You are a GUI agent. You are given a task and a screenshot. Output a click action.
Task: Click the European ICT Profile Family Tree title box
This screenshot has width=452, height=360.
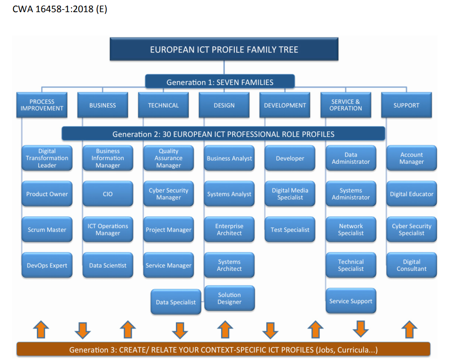224,49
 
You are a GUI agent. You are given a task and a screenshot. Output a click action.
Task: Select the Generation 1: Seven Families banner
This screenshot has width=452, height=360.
219,82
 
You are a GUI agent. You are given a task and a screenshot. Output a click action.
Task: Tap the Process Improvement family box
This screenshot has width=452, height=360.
42,105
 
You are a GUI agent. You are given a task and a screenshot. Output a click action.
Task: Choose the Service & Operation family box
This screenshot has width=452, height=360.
345,105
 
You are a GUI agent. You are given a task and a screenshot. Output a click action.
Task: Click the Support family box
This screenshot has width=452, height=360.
406,105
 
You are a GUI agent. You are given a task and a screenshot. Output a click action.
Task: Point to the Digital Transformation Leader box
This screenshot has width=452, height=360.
47,158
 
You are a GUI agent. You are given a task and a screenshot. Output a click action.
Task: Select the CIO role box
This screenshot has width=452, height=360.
107,194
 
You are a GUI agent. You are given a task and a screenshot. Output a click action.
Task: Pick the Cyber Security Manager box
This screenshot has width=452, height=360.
168,194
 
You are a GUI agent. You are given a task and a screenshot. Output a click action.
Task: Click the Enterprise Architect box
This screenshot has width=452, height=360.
229,229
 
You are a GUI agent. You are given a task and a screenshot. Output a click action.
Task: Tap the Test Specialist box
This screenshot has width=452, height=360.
290,229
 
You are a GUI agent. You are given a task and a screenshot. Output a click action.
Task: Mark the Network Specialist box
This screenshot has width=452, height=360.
351,229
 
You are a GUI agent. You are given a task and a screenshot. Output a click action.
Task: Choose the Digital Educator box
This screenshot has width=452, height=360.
412,194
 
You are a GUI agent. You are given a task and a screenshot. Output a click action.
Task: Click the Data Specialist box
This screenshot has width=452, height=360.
176,302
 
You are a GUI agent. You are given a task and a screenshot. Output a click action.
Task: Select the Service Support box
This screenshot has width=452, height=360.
351,301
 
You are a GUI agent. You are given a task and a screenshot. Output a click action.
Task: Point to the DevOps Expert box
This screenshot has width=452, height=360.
47,265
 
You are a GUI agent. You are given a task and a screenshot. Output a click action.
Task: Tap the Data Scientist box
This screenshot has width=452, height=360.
107,265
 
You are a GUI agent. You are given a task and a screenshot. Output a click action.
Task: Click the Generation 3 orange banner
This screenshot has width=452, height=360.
223,350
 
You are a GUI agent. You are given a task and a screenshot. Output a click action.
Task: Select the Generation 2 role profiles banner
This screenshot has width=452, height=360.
223,134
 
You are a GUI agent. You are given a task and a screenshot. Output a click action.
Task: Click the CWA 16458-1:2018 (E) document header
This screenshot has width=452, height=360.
60,9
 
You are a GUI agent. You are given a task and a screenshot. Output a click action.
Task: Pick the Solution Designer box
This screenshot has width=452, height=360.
229,298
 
